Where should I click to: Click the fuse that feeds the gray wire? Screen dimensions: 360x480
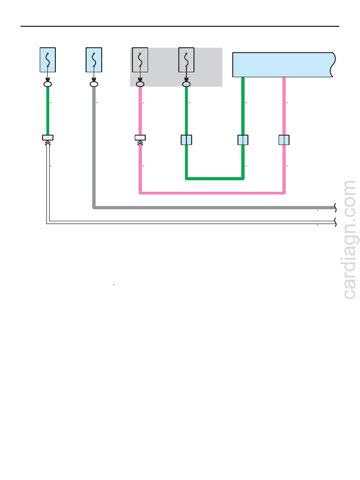(94, 60)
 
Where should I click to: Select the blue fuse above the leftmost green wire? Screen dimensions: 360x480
(48, 60)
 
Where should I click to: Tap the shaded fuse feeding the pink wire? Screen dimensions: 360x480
(140, 60)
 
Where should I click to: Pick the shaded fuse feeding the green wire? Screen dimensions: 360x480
(187, 60)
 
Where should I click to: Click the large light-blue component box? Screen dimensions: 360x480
(283, 65)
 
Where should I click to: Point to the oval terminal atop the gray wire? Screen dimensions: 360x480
(94, 84)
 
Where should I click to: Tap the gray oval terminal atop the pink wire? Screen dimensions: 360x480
(140, 84)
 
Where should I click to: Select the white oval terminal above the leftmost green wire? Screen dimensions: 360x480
(48, 84)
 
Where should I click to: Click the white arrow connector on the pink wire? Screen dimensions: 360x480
(140, 140)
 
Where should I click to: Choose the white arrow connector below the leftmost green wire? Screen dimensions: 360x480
(48, 140)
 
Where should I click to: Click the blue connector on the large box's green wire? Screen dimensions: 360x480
(243, 140)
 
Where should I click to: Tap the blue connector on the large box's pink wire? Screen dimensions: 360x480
(284, 140)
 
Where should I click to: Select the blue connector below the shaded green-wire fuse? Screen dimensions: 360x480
(187, 140)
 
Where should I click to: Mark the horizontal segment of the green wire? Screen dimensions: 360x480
(215, 178)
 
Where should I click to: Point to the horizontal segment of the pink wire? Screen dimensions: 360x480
(212, 193)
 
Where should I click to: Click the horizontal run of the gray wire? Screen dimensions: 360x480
(214, 208)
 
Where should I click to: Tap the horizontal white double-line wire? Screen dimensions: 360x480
(191, 222)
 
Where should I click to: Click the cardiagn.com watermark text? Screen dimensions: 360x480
(350, 240)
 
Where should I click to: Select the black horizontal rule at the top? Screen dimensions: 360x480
(180, 26)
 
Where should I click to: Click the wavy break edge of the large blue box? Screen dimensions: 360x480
(333, 65)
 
